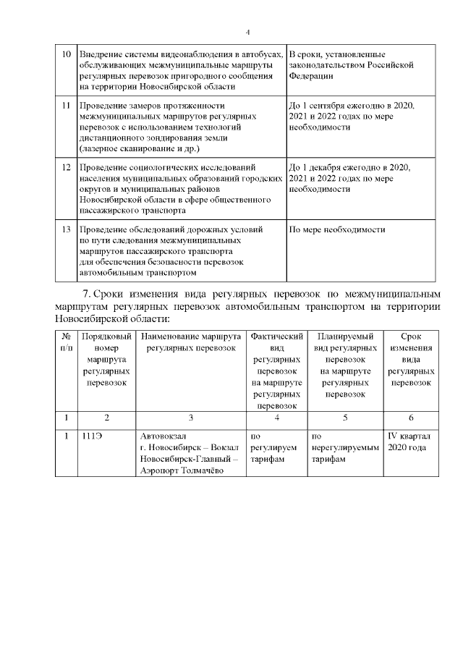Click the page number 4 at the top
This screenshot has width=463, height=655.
pyautogui.click(x=247, y=33)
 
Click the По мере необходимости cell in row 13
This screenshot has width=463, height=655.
pyautogui.click(x=336, y=229)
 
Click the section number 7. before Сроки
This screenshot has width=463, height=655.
pyautogui.click(x=88, y=295)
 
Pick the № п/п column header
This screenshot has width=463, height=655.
pyautogui.click(x=66, y=342)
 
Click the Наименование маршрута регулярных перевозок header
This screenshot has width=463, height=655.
pyautogui.click(x=191, y=342)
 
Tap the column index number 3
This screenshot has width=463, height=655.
pyautogui.click(x=191, y=418)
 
